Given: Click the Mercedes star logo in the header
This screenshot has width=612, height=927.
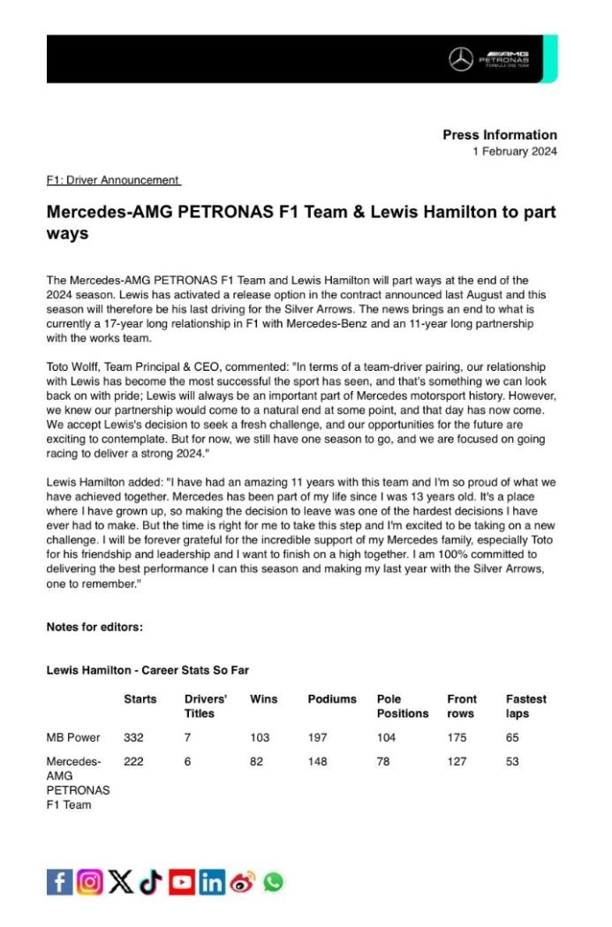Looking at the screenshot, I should (x=461, y=59).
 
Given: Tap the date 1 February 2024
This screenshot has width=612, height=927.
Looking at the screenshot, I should (x=515, y=152).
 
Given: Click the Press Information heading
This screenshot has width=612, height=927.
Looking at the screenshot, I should (x=500, y=135).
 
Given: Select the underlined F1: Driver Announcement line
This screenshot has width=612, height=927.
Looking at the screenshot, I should (x=113, y=180).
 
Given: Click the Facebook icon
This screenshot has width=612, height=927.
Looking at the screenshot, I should (x=59, y=881).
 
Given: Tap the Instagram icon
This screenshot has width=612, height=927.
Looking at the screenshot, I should (x=89, y=881).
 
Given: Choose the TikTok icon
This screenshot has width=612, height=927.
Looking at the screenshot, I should (x=151, y=881).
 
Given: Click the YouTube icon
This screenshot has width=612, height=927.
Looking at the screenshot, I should (x=182, y=881).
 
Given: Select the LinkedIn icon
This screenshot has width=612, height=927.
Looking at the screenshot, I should (x=212, y=881).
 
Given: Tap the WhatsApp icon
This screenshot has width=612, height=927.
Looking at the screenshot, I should (x=274, y=881).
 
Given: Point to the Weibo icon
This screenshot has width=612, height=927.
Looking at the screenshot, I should (x=243, y=881).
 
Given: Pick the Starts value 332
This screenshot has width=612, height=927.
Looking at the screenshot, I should (x=134, y=737).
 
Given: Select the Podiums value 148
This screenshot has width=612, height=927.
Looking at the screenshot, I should (x=317, y=761).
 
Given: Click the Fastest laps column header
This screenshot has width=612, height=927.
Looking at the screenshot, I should (x=525, y=705).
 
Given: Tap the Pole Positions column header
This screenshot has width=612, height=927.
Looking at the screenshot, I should (x=402, y=705).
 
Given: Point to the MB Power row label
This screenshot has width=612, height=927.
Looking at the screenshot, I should (x=73, y=737).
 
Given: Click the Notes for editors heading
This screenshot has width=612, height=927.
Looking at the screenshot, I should (x=94, y=627).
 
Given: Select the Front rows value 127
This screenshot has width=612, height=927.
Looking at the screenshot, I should (x=457, y=761).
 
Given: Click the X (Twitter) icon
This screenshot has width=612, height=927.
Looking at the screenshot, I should (x=121, y=881).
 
